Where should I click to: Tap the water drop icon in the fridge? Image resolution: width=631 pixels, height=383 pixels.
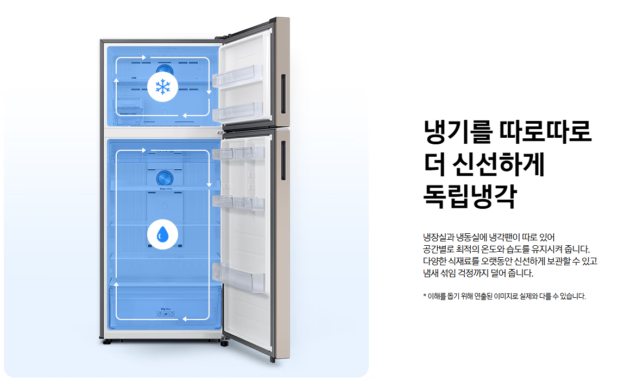point(162,234)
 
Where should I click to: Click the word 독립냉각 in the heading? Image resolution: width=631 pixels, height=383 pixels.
point(470,196)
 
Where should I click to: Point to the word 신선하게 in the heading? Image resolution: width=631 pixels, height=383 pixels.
point(498,164)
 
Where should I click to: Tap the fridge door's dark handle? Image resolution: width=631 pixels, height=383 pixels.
point(282,161)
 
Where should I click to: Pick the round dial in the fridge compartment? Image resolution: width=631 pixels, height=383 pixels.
point(163,178)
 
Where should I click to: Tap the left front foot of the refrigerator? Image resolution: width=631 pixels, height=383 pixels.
point(106,342)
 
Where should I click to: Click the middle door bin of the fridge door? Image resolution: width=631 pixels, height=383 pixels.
point(239,203)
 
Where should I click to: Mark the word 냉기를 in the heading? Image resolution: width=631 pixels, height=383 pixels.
point(452,131)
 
